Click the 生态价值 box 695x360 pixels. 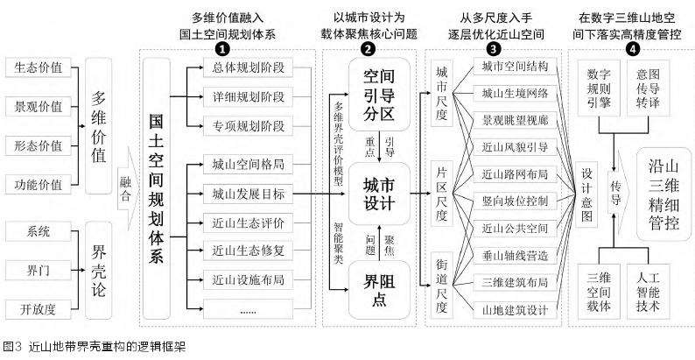pos(39,67)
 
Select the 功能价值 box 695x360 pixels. pos(39,184)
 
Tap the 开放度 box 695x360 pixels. pos(39,308)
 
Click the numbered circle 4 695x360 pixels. pos(632,50)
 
